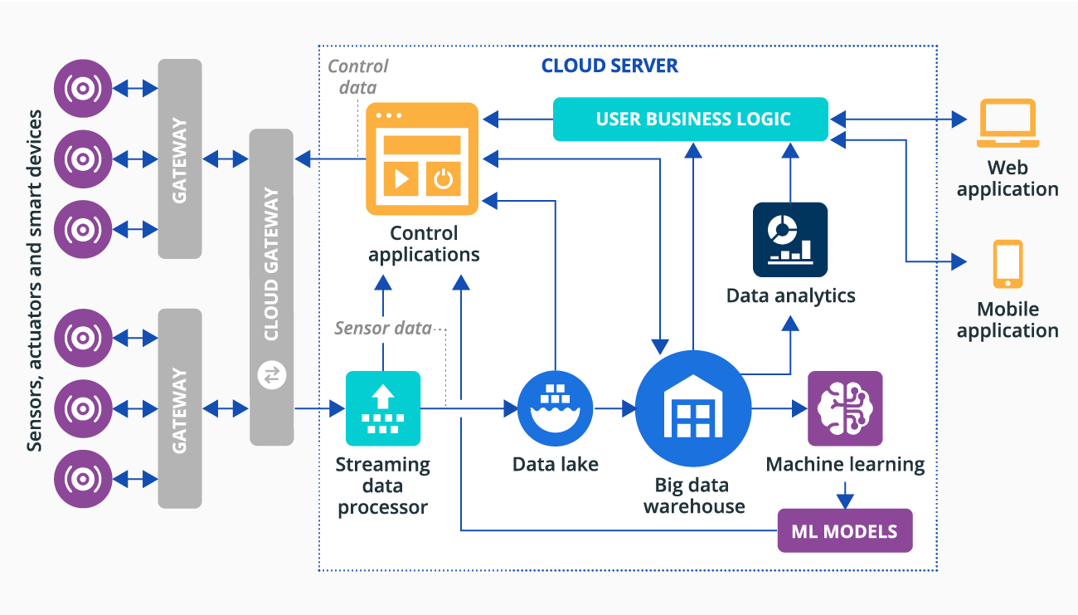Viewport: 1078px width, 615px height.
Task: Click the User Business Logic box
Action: click(x=691, y=119)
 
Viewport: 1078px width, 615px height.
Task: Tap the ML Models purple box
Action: click(x=844, y=531)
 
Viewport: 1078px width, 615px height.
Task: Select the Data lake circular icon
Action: click(x=555, y=408)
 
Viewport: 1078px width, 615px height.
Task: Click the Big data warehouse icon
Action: click(x=693, y=408)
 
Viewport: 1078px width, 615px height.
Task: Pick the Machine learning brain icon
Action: click(x=845, y=408)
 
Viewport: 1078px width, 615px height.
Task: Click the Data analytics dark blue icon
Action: click(x=790, y=239)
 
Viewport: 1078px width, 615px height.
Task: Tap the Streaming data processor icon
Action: click(x=382, y=408)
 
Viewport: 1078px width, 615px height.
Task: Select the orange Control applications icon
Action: click(x=422, y=159)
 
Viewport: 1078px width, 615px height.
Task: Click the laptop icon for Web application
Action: click(x=1008, y=123)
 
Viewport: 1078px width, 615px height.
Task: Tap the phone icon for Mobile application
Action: click(x=1008, y=265)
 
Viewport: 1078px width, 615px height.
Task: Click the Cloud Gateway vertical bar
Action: click(x=272, y=286)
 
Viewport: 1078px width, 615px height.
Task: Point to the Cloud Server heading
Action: click(x=609, y=66)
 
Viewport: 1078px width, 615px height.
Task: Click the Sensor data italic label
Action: click(x=382, y=329)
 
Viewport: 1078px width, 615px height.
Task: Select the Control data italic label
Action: click(x=358, y=76)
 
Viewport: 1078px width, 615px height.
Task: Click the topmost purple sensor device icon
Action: click(x=83, y=88)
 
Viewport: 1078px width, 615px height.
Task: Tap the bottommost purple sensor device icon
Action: click(x=83, y=479)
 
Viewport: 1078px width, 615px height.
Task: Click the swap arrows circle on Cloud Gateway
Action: click(x=272, y=375)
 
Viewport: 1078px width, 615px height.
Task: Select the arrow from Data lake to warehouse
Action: click(x=614, y=408)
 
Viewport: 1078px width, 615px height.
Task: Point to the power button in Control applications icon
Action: click(x=444, y=178)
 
